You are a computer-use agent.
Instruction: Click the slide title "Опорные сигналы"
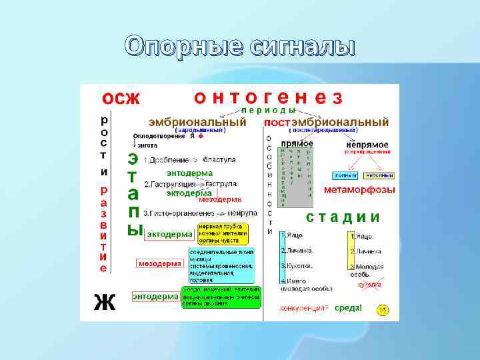pos(240,47)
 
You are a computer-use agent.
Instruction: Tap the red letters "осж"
pos(121,98)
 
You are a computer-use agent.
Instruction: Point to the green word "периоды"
pos(269,110)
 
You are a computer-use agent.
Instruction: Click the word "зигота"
pos(147,145)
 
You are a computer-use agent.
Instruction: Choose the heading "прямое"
pos(297,143)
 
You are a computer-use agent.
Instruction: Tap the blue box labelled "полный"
pos(345,175)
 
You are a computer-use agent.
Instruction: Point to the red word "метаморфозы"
pos(359,190)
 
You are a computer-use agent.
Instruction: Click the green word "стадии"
pos(343,217)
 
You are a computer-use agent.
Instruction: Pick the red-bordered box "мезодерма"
pos(159,263)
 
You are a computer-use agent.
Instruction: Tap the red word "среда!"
pos(348,308)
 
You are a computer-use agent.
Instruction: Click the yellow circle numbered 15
pos(383,310)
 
